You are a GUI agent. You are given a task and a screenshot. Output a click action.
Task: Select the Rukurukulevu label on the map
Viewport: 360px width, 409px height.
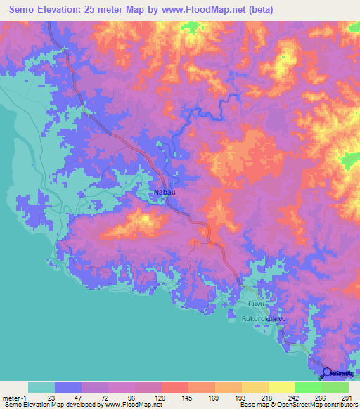point(266,319)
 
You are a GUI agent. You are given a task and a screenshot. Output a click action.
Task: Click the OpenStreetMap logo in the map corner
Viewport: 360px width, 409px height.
point(337,374)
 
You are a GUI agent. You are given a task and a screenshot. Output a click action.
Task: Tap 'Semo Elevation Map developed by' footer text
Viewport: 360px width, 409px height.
point(49,405)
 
